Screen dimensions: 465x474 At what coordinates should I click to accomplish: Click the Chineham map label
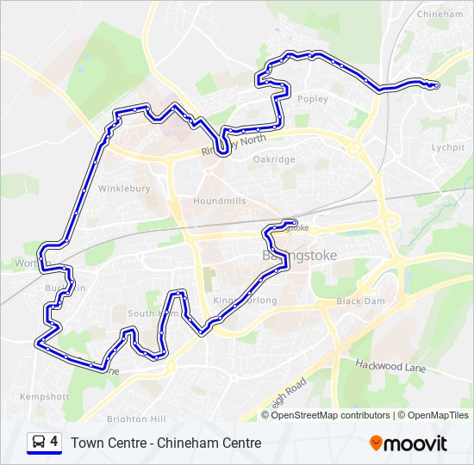click(440, 15)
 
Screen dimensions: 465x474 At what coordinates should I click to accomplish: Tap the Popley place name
click(312, 99)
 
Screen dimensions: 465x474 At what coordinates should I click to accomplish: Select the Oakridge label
click(274, 159)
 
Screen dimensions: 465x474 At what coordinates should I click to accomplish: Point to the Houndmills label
click(220, 201)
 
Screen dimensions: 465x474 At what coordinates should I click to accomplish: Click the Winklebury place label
click(124, 188)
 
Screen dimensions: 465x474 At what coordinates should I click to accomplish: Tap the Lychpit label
click(447, 147)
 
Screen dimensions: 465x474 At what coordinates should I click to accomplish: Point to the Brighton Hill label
click(135, 418)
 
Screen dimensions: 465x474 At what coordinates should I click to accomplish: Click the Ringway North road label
click(234, 143)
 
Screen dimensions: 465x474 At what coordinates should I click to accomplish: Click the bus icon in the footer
click(38, 443)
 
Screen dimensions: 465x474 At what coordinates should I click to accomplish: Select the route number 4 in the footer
click(54, 443)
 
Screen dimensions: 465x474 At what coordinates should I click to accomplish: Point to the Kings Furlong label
click(245, 301)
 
